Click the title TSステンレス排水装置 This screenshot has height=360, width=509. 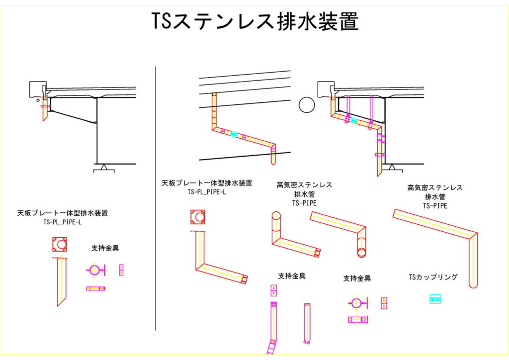click(x=254, y=22)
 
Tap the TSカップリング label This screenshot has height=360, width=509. click(x=432, y=277)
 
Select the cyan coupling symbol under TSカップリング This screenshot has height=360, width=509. click(x=435, y=299)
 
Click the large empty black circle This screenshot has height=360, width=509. click(x=307, y=105)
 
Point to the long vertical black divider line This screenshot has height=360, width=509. click(x=156, y=199)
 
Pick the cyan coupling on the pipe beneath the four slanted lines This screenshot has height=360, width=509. click(x=234, y=134)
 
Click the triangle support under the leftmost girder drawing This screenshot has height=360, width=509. click(x=104, y=168)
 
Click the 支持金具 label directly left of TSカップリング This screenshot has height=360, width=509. click(x=356, y=278)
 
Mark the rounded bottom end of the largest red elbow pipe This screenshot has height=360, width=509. click(x=473, y=285)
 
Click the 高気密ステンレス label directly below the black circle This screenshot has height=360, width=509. click(x=304, y=185)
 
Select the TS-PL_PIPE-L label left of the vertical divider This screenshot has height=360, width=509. click(x=63, y=222)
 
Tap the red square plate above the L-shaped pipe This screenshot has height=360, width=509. click(x=198, y=217)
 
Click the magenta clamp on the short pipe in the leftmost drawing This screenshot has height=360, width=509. click(x=45, y=106)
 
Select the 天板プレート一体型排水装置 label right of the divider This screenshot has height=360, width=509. click(x=207, y=183)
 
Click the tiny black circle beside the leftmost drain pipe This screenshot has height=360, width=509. click(x=38, y=99)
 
